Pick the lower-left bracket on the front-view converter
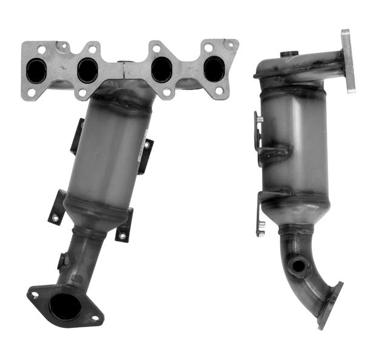56,204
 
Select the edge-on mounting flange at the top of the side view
347,61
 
